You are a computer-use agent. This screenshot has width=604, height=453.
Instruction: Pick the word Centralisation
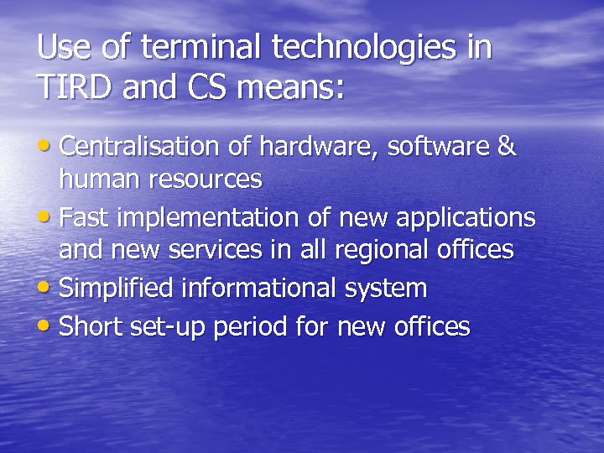[139, 147]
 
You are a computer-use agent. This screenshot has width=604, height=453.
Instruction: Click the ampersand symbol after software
[507, 147]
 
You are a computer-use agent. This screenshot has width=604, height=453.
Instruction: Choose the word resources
[205, 180]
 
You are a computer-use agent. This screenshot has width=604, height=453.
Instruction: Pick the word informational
[261, 289]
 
